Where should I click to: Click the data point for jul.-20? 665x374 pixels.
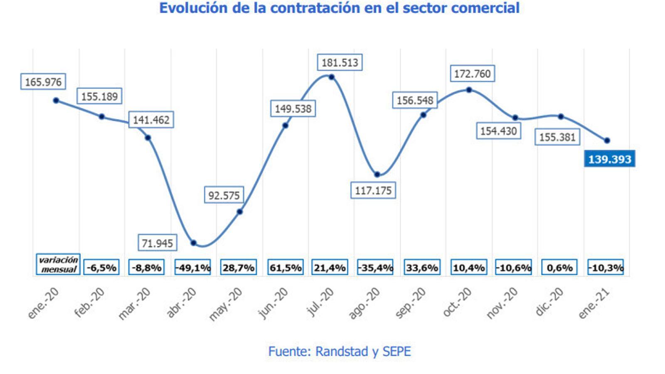331,77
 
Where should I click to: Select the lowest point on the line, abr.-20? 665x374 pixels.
193,243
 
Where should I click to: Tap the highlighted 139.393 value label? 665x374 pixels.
609,159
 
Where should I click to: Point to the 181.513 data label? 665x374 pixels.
340,63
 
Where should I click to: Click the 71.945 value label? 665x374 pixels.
157,243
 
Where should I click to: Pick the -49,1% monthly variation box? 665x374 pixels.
193,268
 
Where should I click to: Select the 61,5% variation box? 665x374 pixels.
286,268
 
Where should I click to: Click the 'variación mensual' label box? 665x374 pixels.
58,265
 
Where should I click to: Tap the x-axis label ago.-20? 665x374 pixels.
364,304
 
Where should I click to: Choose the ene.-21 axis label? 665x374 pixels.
594,304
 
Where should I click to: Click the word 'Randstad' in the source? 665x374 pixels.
342,352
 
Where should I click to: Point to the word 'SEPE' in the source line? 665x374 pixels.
397,352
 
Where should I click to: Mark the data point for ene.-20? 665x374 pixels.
56,101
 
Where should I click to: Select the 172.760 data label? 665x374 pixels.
472,74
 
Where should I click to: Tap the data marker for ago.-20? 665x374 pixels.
377,175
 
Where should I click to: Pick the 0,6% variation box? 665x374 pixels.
559,268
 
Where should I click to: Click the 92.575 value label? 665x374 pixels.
224,195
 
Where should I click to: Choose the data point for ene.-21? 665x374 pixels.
607,140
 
